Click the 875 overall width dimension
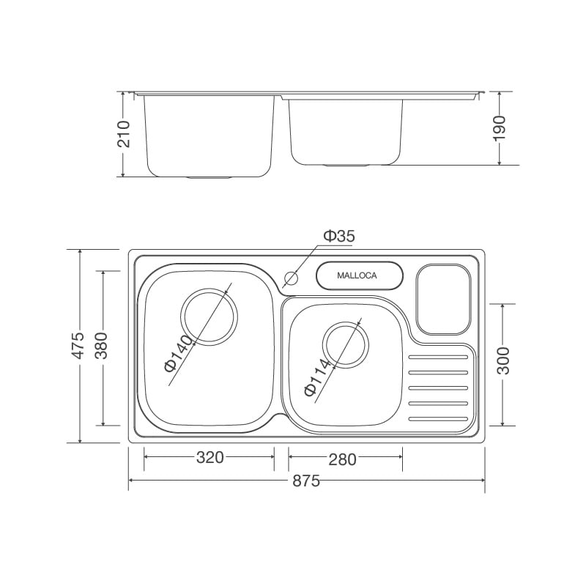[306, 481]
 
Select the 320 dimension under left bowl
[209, 458]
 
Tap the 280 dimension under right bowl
[342, 459]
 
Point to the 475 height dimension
[78, 345]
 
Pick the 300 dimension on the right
[503, 360]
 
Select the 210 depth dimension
[124, 134]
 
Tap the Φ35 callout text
[339, 236]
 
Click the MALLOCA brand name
[357, 276]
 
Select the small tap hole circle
[292, 278]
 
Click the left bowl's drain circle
[209, 316]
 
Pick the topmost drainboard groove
[437, 358]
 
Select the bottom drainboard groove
[437, 419]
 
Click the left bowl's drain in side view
[209, 177]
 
